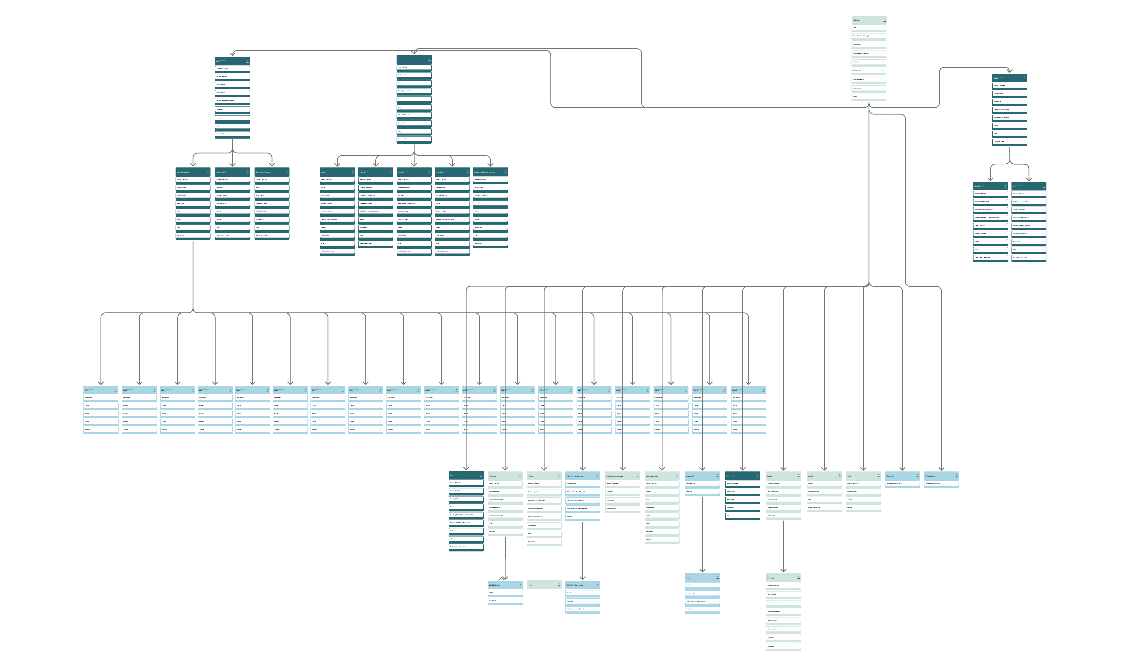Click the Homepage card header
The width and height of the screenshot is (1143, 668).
(869, 20)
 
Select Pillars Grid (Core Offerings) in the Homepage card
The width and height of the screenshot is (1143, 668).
(869, 36)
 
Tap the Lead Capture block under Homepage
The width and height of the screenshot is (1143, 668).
(869, 88)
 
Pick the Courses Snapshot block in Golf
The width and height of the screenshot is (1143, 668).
(232, 77)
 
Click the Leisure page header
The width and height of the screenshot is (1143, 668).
(1009, 78)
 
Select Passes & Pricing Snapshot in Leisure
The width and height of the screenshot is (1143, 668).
(1009, 117)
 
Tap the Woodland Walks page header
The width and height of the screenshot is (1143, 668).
(990, 186)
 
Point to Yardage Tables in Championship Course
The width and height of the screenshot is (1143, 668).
(193, 195)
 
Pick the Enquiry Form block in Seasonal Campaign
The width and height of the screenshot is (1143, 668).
(490, 243)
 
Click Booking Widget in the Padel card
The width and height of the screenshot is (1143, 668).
(466, 499)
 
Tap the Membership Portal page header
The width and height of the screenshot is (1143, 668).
(505, 585)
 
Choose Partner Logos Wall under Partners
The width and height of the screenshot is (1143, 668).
(544, 492)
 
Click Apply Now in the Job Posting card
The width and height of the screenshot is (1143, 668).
(783, 638)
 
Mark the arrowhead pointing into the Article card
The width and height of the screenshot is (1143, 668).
(702, 570)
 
